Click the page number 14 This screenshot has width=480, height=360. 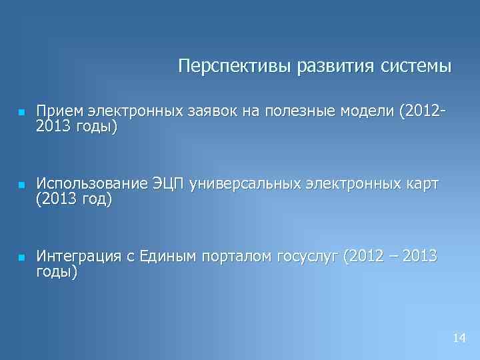click(459, 339)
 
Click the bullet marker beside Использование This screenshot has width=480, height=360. click(21, 185)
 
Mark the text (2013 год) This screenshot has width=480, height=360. click(74, 199)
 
